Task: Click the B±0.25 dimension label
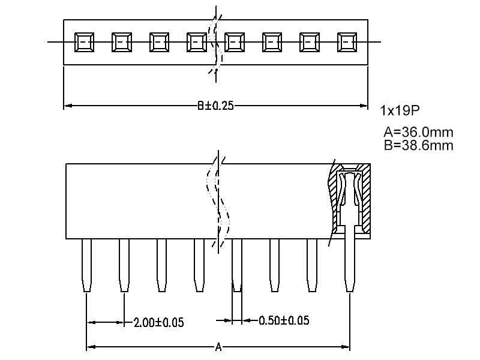click(215, 106)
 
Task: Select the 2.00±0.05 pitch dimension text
click(158, 322)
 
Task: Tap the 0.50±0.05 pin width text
click(284, 320)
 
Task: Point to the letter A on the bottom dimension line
click(218, 347)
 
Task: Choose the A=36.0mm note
click(418, 132)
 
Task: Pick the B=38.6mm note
click(418, 145)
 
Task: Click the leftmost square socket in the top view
click(83, 42)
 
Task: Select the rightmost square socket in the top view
click(347, 42)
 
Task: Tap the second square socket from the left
click(121, 42)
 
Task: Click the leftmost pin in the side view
click(87, 264)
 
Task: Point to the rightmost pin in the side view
click(350, 264)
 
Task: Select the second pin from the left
click(124, 264)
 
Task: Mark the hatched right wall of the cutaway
click(365, 198)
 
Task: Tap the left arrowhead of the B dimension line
click(67, 106)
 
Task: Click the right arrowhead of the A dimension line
click(346, 347)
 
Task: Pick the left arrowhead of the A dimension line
click(91, 347)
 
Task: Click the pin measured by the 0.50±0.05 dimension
click(237, 264)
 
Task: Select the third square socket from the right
click(272, 42)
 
